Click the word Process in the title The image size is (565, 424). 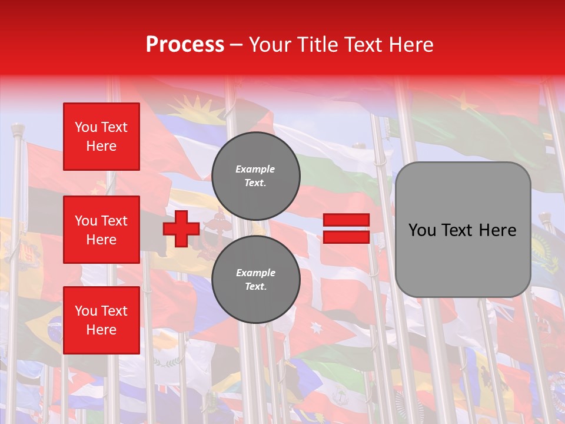pos(185,45)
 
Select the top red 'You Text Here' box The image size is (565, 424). pos(101,137)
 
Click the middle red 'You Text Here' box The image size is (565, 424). pos(101,230)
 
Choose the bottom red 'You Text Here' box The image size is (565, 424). pos(101,320)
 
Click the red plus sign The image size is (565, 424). pos(181,229)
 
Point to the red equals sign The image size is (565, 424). pos(346,228)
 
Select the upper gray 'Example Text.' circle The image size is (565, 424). pos(255,175)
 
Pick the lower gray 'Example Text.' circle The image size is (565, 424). pos(255,279)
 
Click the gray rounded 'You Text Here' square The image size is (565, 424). pos(463,230)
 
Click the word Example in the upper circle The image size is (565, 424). pos(255,169)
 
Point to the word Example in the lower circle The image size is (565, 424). pos(255,273)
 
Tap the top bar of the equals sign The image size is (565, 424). pos(346,220)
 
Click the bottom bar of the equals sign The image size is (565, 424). pos(346,237)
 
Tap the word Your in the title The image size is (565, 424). pos(269,45)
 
